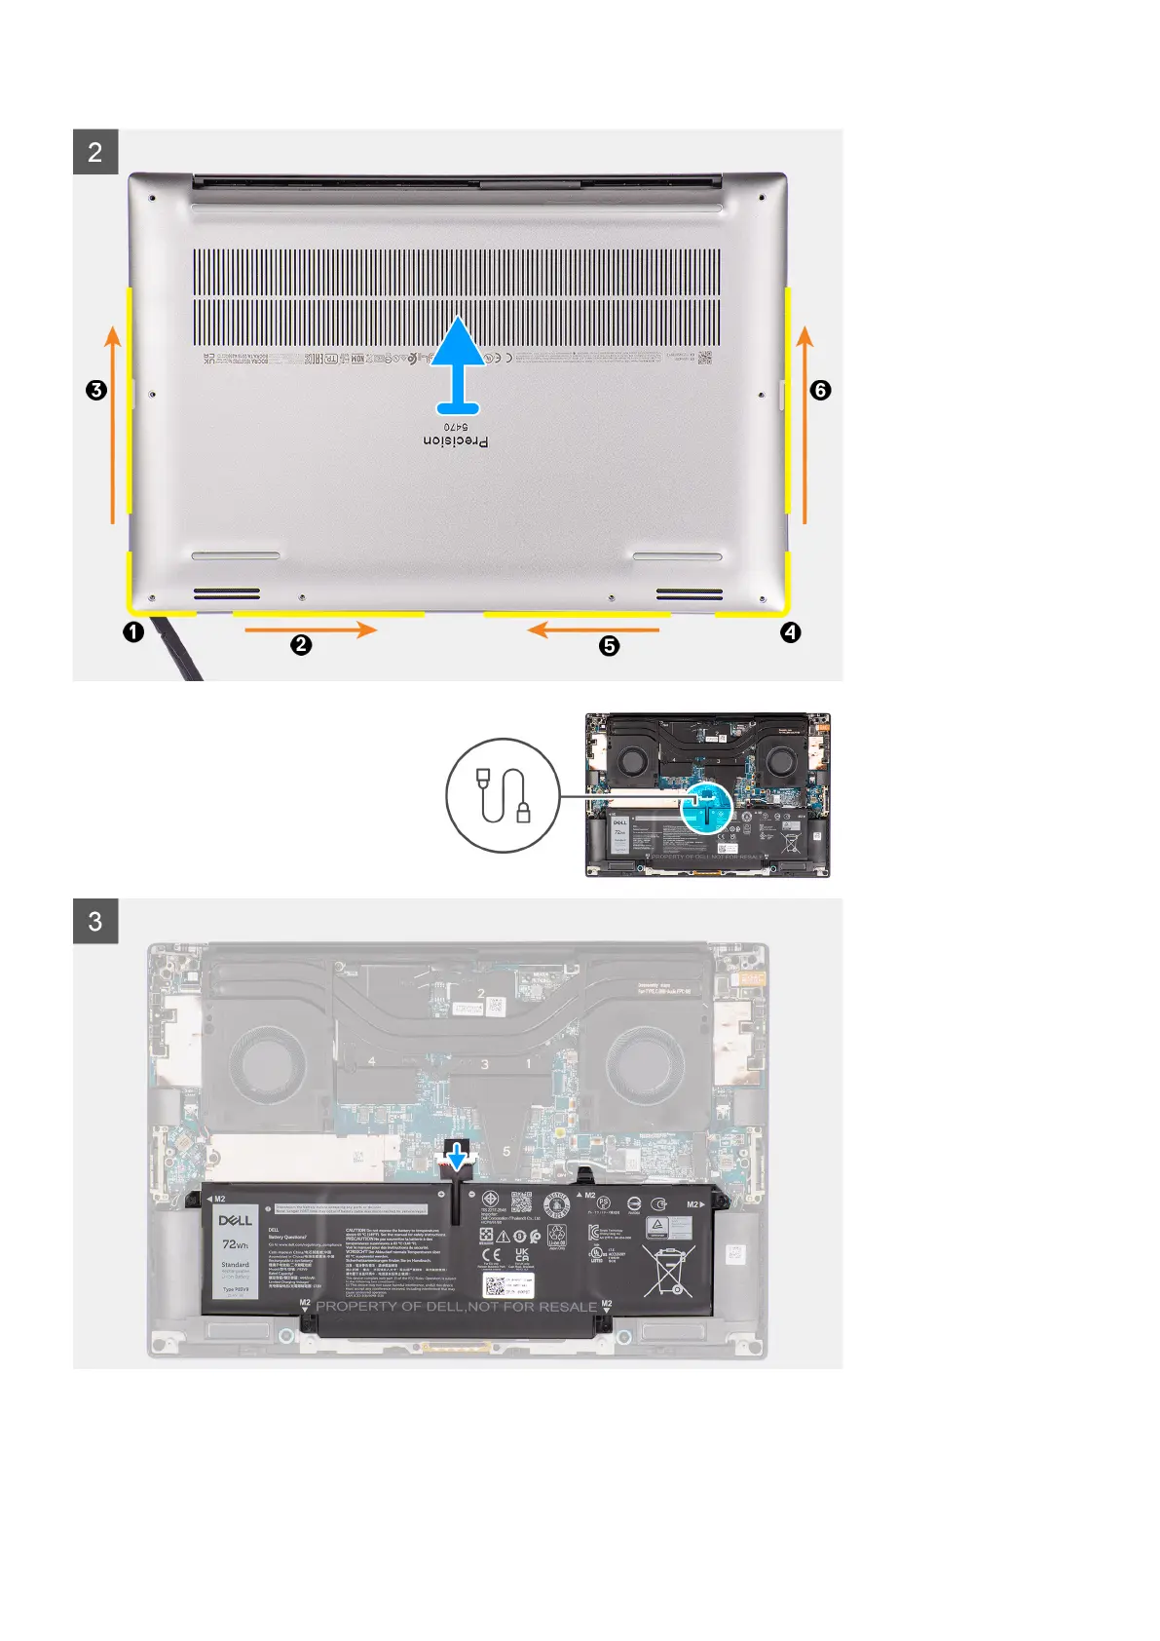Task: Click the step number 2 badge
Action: coord(95,152)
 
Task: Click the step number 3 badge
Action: coord(95,921)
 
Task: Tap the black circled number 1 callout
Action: coord(133,631)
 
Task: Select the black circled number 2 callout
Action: coord(302,644)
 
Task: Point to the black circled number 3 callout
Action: coord(95,390)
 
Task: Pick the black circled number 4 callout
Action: coord(791,632)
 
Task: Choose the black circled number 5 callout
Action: coord(610,645)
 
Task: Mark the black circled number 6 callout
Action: coord(820,390)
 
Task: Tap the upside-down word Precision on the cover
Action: coord(456,441)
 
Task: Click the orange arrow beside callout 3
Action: coord(113,425)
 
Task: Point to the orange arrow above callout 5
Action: coord(592,630)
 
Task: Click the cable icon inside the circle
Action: coord(504,795)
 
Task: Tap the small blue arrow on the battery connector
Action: coord(456,1157)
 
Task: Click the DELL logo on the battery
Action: coord(235,1220)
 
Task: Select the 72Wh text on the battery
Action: coord(235,1244)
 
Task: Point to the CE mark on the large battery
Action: coord(492,1254)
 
